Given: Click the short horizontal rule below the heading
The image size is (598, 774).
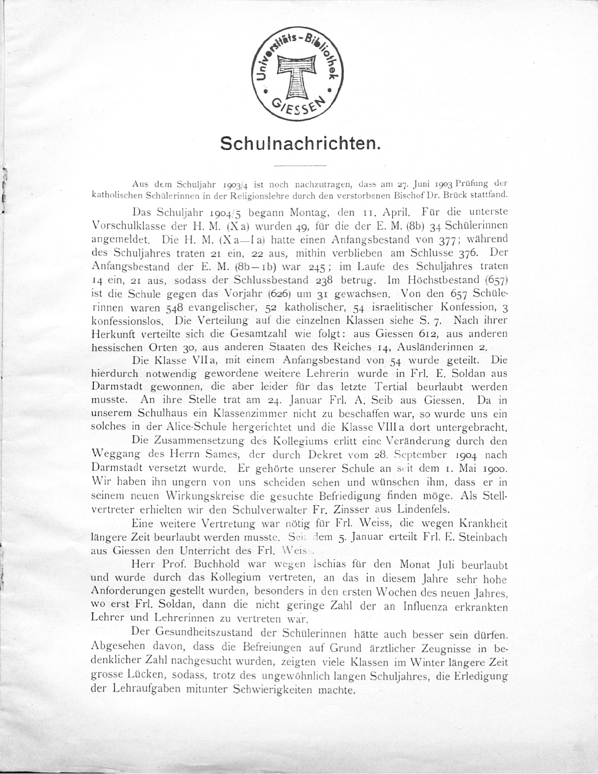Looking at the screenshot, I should (300, 165).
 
